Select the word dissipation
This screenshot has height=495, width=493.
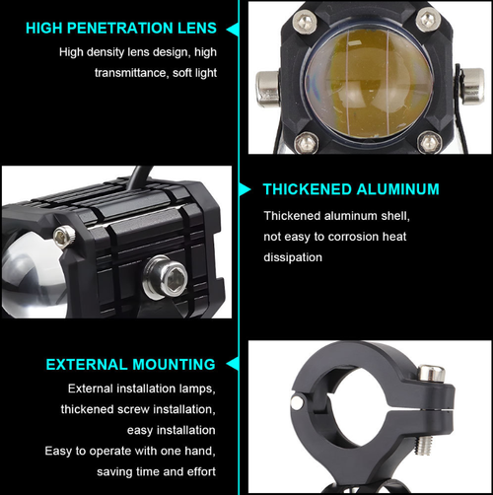293,257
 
